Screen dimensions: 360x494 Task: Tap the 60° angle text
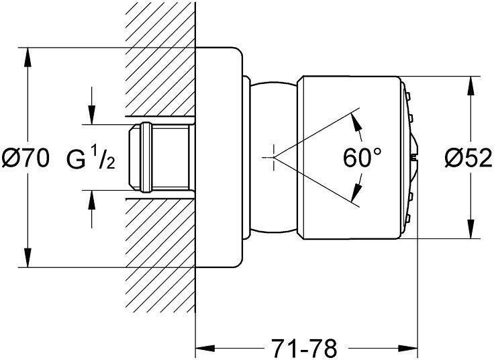coord(362,159)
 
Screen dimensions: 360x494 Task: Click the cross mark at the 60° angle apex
coord(272,157)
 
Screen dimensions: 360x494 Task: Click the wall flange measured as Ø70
coord(218,157)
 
